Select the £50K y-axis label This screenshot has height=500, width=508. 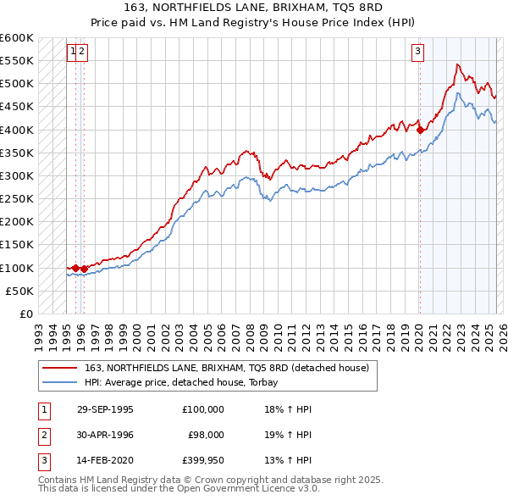20,291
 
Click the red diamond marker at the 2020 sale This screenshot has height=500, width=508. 420,130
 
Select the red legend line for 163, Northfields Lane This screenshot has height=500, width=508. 60,369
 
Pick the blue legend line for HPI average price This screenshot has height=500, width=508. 60,382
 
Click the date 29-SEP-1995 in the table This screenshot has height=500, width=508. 105,409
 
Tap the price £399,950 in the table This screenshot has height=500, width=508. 203,460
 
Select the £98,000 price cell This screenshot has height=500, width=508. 206,435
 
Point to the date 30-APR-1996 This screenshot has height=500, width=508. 105,435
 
